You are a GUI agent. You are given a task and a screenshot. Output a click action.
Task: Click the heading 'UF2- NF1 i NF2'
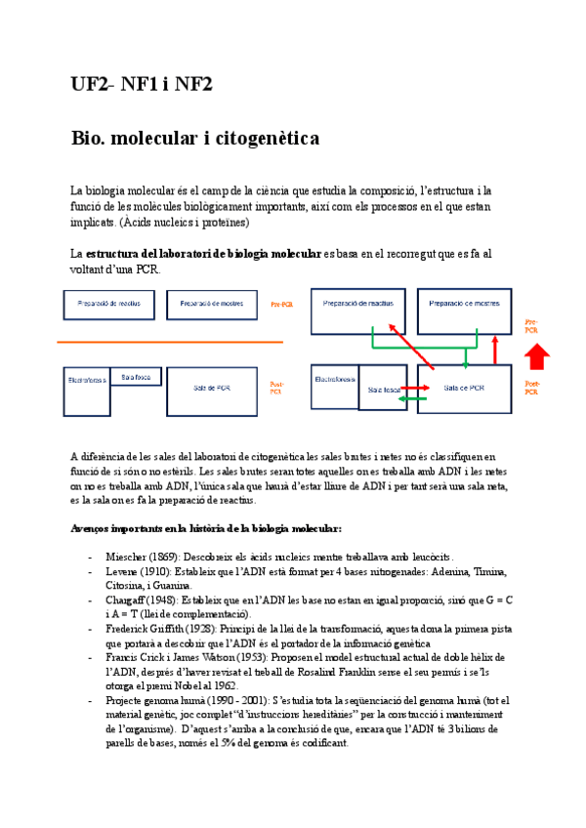pyautogui.click(x=142, y=85)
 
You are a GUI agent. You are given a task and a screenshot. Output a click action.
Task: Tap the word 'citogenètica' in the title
pyautogui.click(x=265, y=139)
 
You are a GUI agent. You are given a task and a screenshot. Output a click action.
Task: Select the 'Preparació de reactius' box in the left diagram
pyautogui.click(x=108, y=305)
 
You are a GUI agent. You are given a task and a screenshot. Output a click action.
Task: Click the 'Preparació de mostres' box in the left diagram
pyautogui.click(x=212, y=305)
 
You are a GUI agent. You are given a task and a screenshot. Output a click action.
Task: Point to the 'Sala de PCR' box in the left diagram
pyautogui.click(x=212, y=388)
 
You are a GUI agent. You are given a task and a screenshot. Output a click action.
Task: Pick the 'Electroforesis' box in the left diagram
pyautogui.click(x=86, y=380)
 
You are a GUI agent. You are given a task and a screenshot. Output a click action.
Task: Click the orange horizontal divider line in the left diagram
pyautogui.click(x=171, y=342)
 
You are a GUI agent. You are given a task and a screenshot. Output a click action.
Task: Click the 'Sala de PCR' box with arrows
pyautogui.click(x=464, y=389)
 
